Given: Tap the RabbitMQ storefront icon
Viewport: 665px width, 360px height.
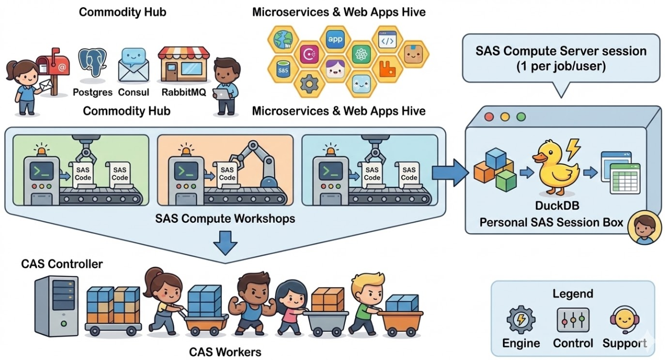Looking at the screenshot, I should point(183,66).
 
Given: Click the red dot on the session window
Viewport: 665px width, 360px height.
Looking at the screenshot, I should point(489,116).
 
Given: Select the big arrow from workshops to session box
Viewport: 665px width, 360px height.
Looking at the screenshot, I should point(449,172).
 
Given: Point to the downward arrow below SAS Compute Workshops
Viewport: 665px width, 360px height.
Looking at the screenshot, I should point(225,243).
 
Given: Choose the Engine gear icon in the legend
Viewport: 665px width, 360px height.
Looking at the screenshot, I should point(521,321).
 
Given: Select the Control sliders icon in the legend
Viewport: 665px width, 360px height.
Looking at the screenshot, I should point(573,320).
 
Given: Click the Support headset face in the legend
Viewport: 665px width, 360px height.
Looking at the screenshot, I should point(624,320).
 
